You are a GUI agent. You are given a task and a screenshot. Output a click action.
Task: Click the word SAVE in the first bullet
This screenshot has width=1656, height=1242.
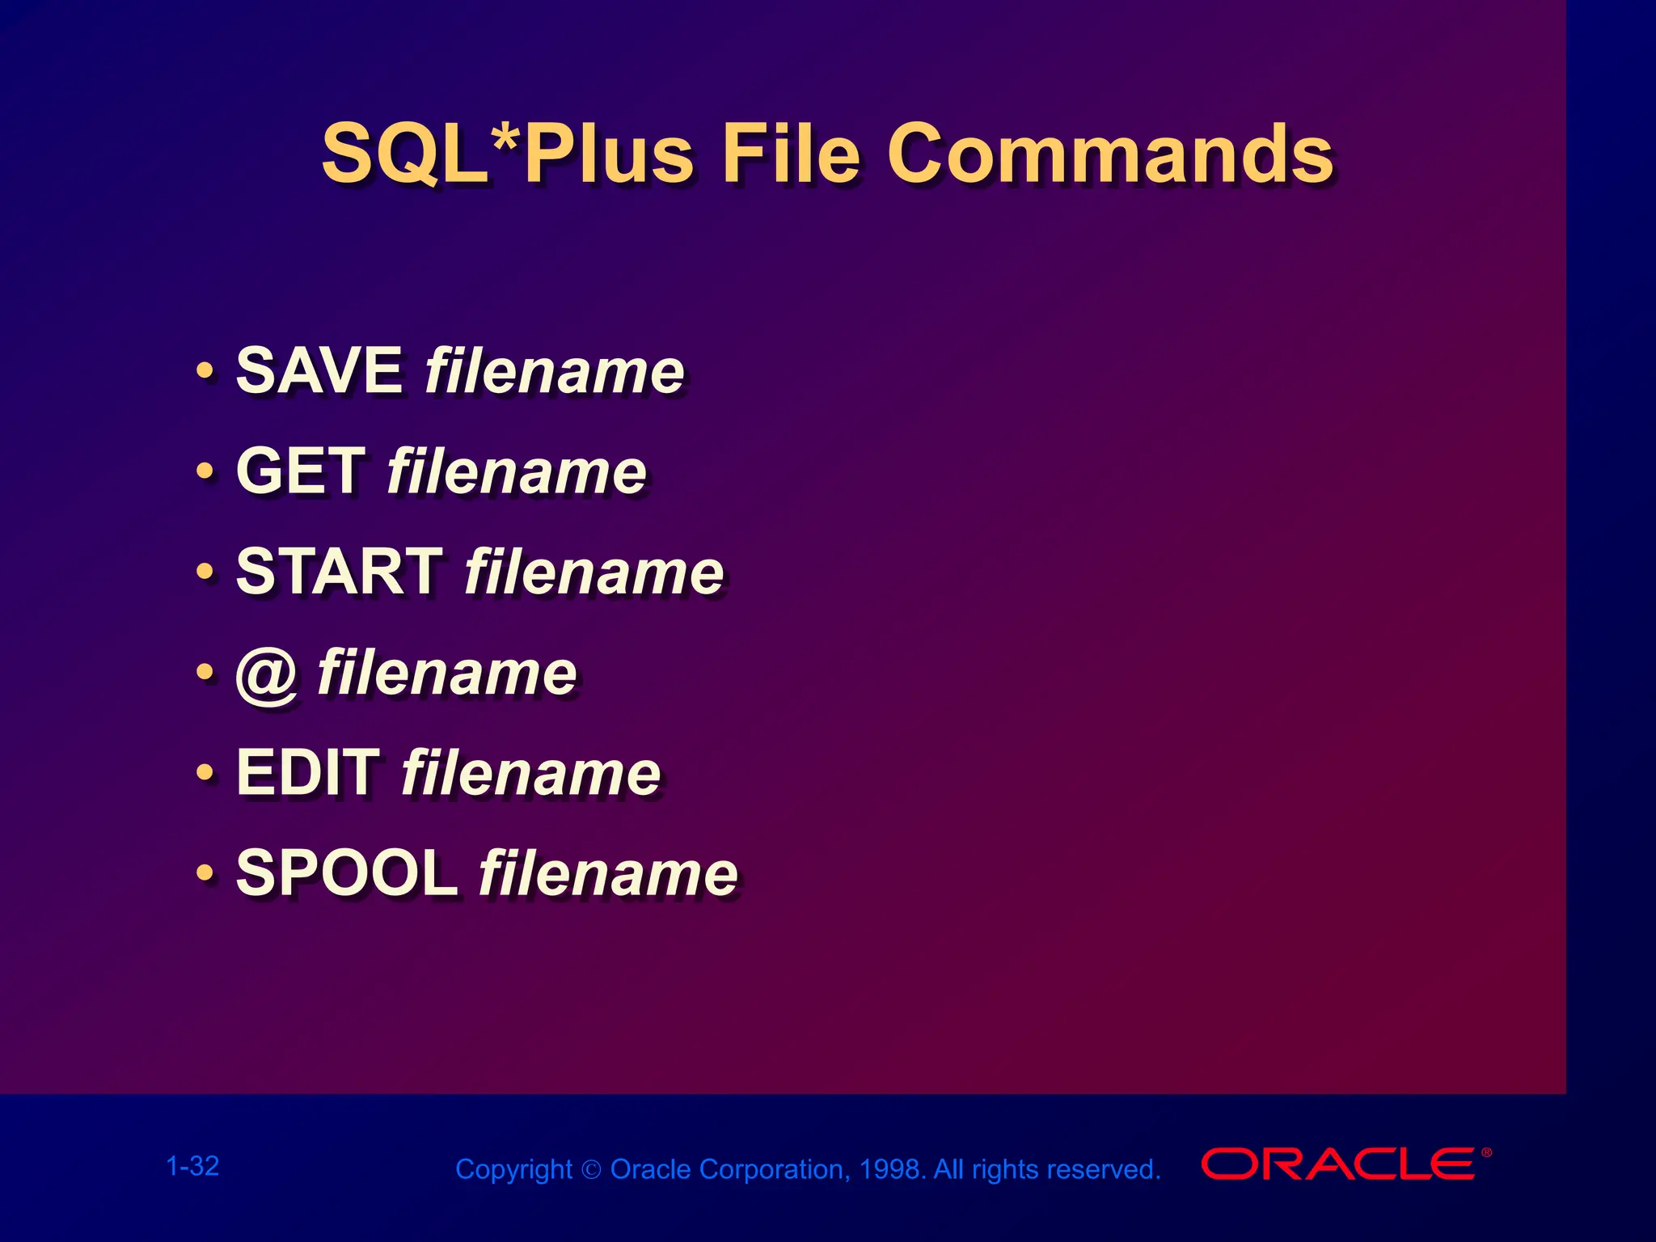319,370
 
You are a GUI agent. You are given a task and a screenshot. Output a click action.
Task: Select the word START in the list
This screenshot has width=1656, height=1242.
339,572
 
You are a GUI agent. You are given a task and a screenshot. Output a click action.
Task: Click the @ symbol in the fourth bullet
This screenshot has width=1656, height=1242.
266,675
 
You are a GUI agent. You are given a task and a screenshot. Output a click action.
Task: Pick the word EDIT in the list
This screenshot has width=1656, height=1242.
307,773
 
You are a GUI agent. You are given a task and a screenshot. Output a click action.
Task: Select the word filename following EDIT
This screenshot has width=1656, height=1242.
531,773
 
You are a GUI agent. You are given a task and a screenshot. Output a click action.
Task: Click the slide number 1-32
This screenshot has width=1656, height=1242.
192,1166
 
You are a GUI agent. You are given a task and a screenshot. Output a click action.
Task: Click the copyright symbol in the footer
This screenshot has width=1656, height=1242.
591,1170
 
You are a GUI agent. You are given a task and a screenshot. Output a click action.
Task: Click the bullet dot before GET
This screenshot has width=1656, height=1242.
205,471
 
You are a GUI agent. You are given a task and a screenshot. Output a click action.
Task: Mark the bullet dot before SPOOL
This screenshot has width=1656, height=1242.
205,874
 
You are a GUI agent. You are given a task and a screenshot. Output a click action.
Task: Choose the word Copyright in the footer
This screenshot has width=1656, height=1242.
513,1170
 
